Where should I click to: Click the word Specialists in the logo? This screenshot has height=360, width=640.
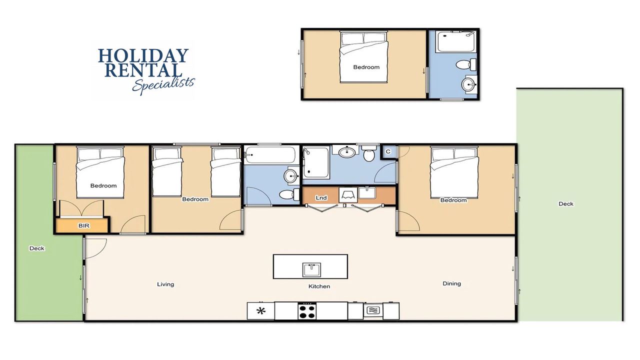click(163, 85)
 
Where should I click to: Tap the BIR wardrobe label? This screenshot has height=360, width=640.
click(83, 225)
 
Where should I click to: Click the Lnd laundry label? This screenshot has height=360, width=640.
click(321, 197)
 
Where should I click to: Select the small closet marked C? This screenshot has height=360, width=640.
click(388, 151)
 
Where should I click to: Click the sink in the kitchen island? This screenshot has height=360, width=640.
click(311, 270)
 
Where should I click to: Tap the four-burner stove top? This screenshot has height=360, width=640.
click(307, 311)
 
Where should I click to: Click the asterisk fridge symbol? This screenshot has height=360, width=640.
click(260, 311)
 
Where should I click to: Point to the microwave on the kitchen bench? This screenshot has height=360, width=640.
click(373, 310)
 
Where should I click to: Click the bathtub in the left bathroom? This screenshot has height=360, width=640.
click(269, 155)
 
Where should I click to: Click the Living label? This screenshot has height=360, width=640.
click(165, 284)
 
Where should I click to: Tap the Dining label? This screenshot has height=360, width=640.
click(451, 283)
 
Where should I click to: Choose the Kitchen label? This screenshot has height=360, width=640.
click(319, 286)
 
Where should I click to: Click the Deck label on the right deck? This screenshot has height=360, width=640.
click(566, 203)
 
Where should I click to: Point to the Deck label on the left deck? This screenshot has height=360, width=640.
click(37, 248)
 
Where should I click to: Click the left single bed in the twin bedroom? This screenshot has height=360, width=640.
click(167, 172)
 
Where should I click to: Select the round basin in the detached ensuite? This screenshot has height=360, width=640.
click(469, 84)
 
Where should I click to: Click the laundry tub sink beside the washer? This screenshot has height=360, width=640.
click(367, 193)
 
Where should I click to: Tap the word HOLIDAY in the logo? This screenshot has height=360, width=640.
click(143, 55)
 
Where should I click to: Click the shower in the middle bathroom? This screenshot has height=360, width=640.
click(316, 162)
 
